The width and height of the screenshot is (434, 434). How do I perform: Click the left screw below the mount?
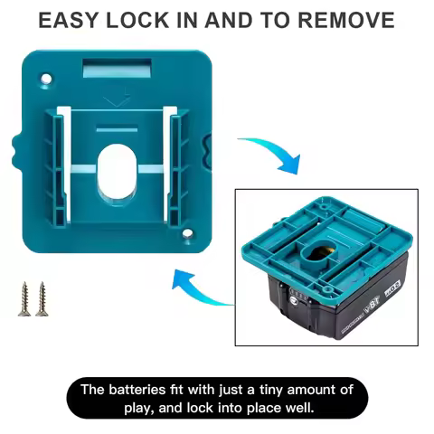click(24, 297)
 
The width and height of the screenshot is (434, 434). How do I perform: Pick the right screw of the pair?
click(41, 297)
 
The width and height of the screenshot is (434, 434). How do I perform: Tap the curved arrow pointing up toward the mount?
click(199, 289)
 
